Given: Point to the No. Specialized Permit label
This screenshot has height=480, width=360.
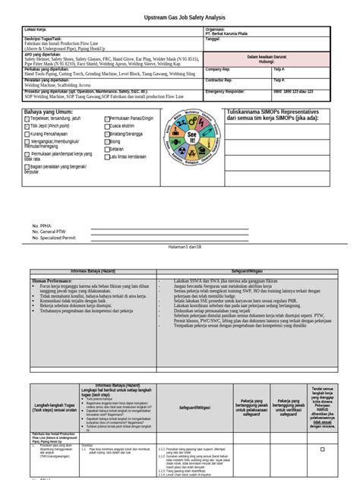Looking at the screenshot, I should [x=57, y=238].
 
